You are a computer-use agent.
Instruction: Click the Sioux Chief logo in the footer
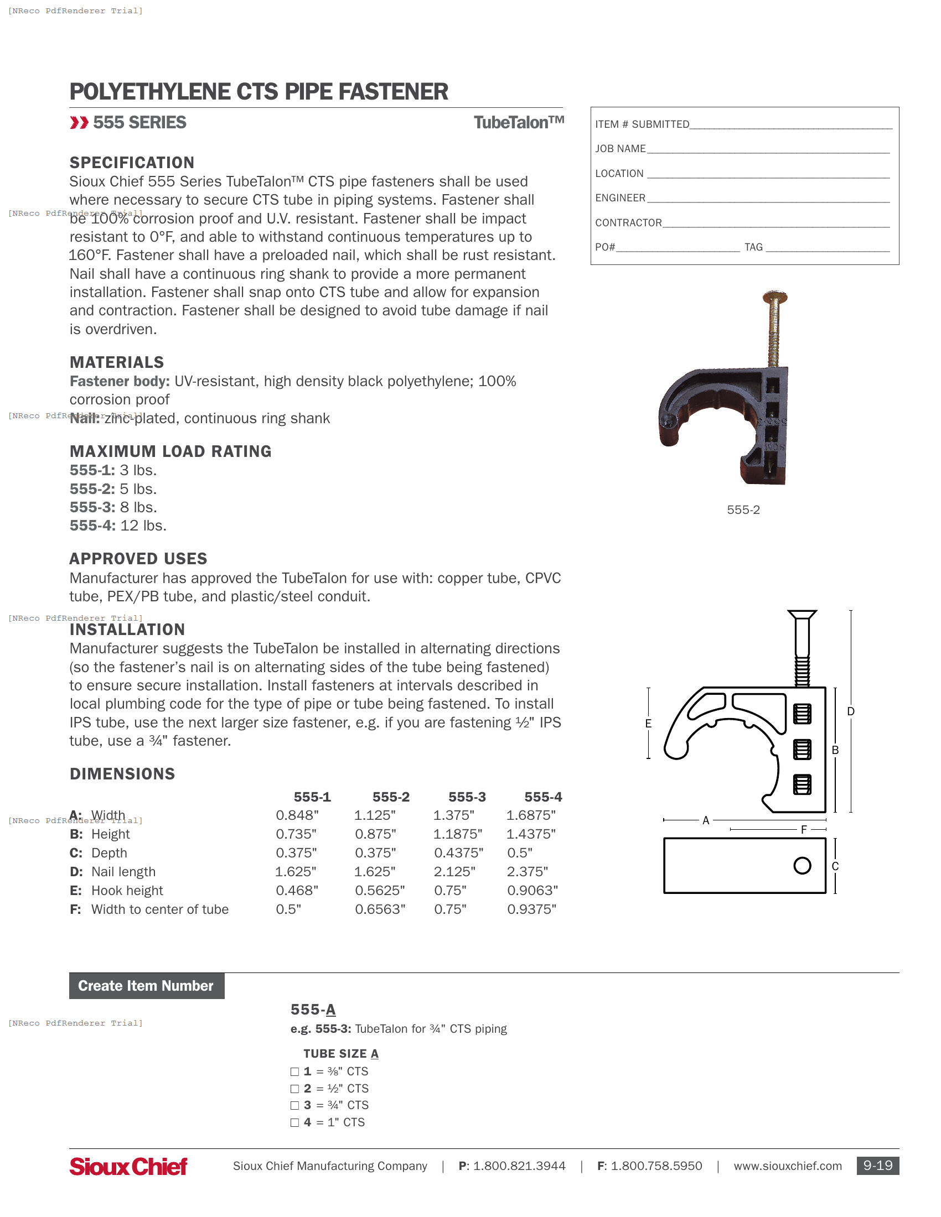(x=128, y=1166)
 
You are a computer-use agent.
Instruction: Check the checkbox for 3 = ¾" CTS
(x=294, y=1106)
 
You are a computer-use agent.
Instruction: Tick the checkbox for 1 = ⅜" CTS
(x=294, y=1072)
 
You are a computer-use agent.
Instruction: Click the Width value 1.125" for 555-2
(x=375, y=815)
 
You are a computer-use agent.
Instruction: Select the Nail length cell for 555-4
(x=527, y=871)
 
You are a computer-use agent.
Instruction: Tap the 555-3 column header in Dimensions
(x=467, y=797)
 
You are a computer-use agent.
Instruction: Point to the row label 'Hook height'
(x=127, y=891)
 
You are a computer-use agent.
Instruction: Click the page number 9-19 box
(x=877, y=1165)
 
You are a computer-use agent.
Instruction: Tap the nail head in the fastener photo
(x=775, y=297)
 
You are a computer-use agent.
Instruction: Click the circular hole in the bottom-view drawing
(x=802, y=865)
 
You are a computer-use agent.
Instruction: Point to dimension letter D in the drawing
(x=850, y=711)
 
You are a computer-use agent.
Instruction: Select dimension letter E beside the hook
(x=648, y=724)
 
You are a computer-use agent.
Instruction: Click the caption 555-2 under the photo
(x=742, y=510)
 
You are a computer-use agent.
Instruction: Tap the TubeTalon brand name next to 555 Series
(x=518, y=123)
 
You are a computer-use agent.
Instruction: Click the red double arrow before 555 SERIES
(x=79, y=123)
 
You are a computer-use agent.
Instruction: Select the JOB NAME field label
(x=620, y=149)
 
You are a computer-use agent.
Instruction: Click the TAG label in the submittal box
(x=753, y=247)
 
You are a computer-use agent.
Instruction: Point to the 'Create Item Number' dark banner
(x=147, y=986)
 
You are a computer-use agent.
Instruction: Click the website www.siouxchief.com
(x=787, y=1166)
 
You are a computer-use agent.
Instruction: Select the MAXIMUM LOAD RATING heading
(x=170, y=451)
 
